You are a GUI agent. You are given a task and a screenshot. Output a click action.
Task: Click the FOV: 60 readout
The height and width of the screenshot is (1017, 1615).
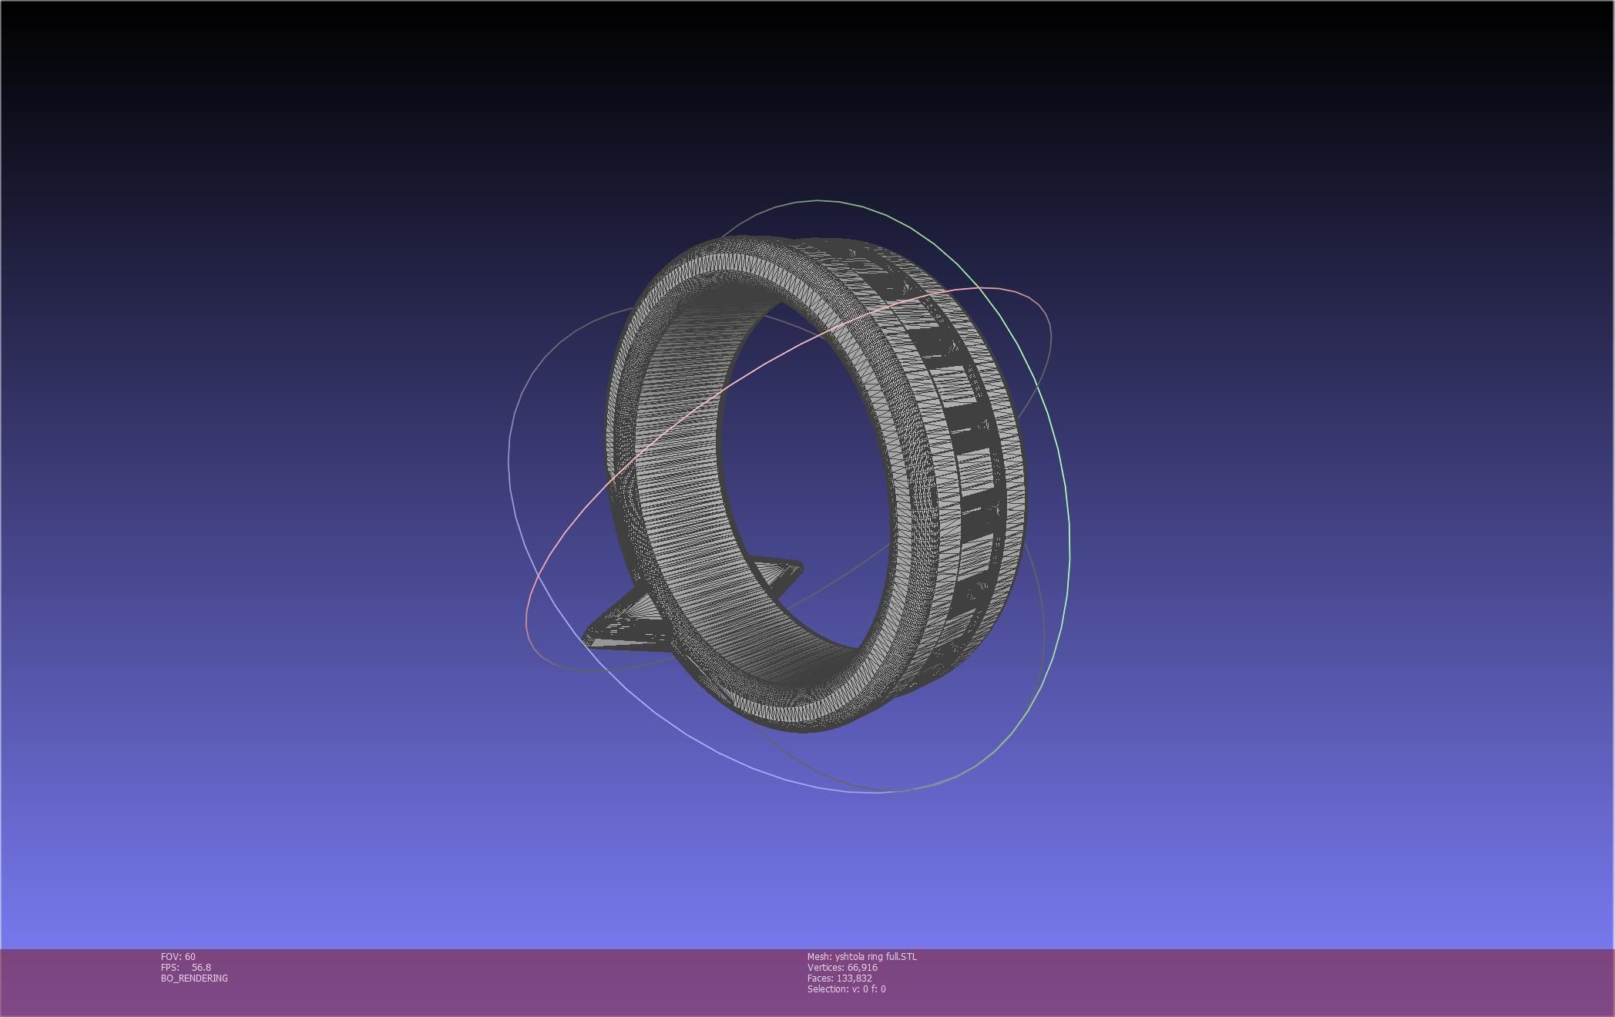point(178,956)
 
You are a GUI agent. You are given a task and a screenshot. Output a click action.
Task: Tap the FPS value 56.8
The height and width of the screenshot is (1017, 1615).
point(201,967)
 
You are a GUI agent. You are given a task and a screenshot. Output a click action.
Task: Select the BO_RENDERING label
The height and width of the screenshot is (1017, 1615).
point(194,978)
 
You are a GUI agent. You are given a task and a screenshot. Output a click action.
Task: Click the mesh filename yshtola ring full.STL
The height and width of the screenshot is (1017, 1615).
point(875,956)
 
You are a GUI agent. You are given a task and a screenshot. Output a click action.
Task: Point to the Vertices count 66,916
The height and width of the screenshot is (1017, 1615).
point(862,967)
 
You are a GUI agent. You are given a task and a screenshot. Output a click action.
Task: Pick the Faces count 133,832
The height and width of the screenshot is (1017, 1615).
point(854,978)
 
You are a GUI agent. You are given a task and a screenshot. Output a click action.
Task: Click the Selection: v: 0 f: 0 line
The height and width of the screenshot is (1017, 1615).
point(846,988)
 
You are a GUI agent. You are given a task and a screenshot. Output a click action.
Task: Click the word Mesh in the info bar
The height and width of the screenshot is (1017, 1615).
point(818,956)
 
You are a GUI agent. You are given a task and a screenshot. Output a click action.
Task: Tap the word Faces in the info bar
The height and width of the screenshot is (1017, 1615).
point(820,978)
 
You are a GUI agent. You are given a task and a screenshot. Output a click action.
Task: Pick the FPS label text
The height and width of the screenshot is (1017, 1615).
point(170,967)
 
